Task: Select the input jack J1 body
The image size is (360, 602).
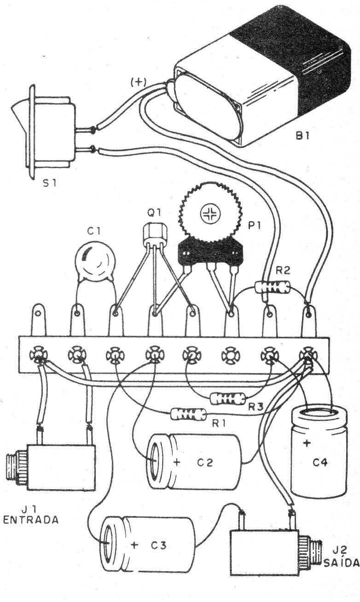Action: coord(60,467)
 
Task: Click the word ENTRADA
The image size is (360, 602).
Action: coord(30,520)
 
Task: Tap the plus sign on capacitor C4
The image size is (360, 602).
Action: coord(306,443)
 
